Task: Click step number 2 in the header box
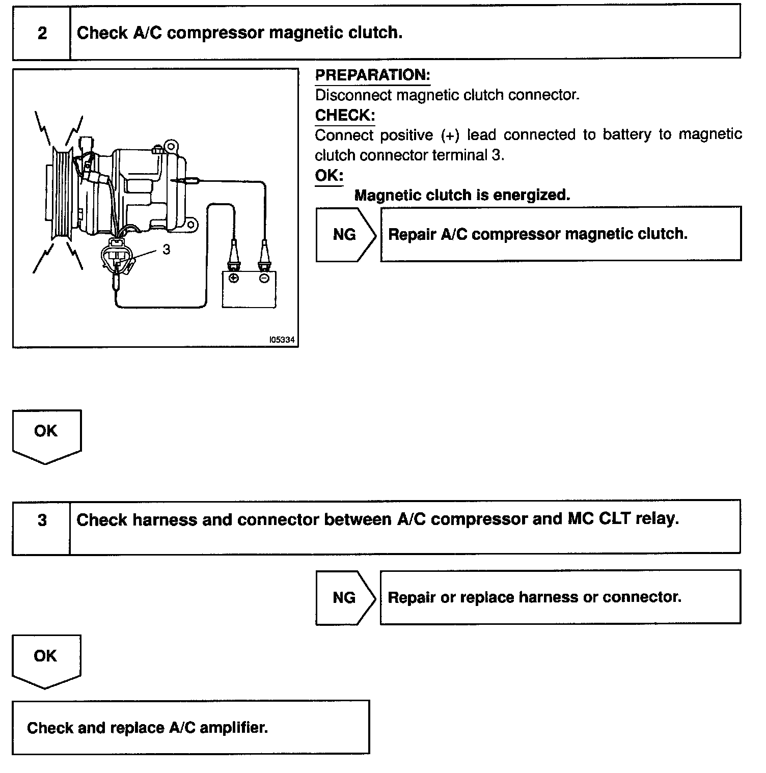click(42, 34)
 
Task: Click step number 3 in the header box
click(42, 520)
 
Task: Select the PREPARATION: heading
click(372, 75)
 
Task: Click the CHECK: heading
click(345, 116)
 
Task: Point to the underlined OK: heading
click(329, 176)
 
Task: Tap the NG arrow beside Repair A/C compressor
click(345, 234)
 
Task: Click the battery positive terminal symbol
click(234, 278)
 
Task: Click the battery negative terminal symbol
click(264, 278)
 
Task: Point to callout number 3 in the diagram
click(167, 250)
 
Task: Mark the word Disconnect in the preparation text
click(353, 95)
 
